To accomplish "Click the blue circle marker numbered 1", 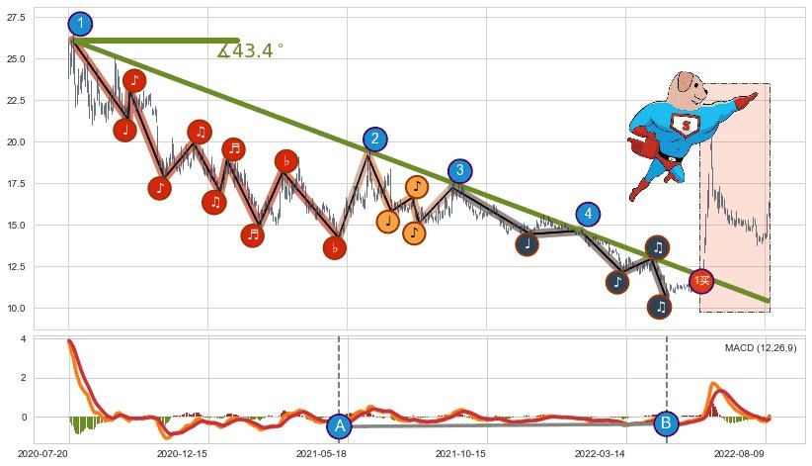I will tap(81, 25).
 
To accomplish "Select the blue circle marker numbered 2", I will tap(374, 140).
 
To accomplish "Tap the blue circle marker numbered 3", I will tap(459, 171).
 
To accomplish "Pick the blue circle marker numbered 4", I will tap(588, 214).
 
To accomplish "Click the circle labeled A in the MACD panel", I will tap(339, 425).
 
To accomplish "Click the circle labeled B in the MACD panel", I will tap(666, 423).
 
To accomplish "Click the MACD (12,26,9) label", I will tap(760, 348).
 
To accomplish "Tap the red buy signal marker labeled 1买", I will tap(701, 282).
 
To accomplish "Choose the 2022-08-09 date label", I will tap(741, 453).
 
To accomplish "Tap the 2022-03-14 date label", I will tap(602, 453).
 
